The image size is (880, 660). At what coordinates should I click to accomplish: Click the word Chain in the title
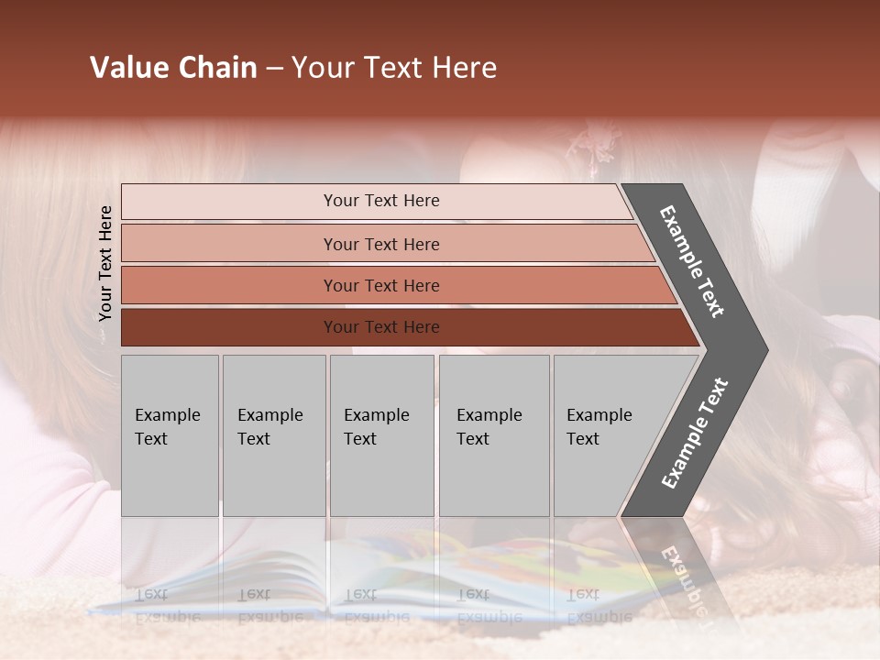[218, 68]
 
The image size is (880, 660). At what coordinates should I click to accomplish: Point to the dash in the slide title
[274, 69]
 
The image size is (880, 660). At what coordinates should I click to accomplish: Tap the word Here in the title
[465, 68]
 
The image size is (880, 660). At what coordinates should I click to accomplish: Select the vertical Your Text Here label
[105, 263]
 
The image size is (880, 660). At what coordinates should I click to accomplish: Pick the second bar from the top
[380, 244]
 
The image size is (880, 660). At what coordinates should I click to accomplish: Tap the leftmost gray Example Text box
[170, 435]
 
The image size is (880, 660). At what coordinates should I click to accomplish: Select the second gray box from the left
[274, 435]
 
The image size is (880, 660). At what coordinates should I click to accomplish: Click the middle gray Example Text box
[381, 435]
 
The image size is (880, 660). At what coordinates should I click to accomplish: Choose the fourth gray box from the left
[494, 435]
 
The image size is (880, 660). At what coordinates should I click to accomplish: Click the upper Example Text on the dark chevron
[692, 261]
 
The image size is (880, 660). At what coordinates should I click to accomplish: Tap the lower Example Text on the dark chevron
[694, 434]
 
